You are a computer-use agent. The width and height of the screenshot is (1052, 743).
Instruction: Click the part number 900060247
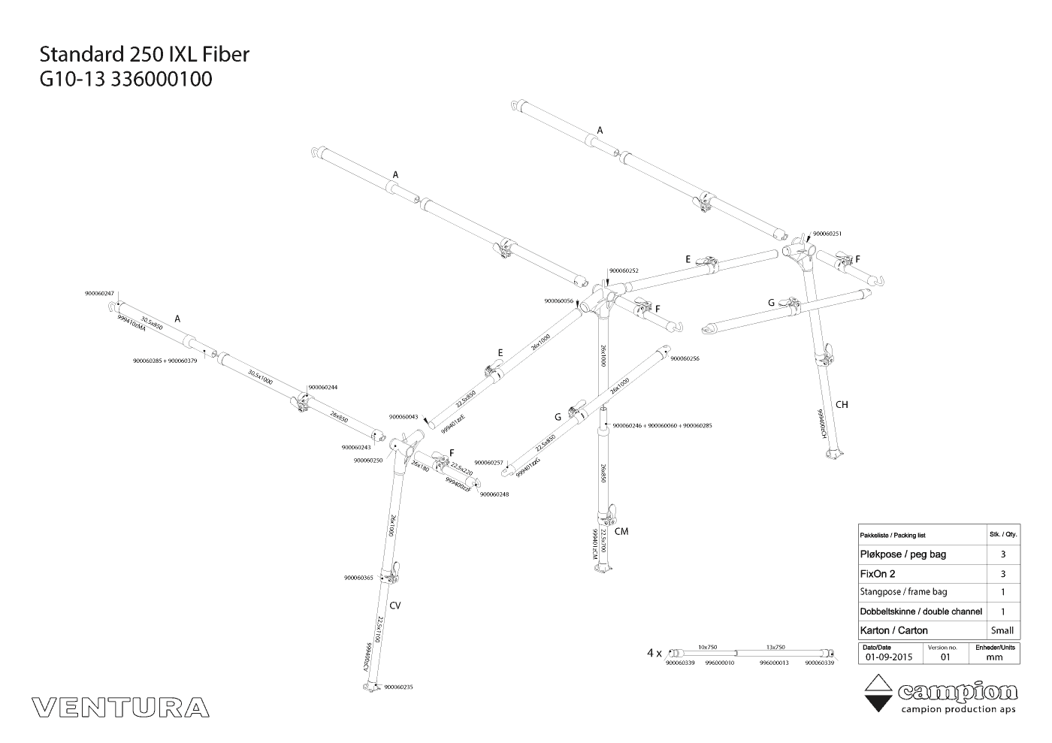[99, 294]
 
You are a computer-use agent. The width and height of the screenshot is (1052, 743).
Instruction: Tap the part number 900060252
[624, 270]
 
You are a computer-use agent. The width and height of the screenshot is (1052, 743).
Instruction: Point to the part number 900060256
[685, 359]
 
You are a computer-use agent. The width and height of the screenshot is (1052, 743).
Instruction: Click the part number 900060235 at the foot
[398, 687]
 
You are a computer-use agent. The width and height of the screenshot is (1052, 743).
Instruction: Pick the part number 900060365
[358, 578]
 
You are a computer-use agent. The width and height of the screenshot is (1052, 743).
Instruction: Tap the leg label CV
[395, 606]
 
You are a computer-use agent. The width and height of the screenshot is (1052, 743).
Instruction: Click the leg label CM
[621, 532]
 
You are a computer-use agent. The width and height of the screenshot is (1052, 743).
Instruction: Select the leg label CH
[842, 405]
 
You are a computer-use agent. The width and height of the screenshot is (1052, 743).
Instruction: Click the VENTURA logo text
[121, 707]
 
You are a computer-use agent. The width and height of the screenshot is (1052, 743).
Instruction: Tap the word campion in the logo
[958, 692]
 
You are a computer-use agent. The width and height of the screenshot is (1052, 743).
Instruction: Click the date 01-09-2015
[888, 657]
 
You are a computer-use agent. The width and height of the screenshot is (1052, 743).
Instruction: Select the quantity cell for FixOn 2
[1002, 574]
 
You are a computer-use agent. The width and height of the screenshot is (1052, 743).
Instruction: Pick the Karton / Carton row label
[893, 630]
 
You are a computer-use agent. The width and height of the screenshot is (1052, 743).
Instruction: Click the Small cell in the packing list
[1002, 630]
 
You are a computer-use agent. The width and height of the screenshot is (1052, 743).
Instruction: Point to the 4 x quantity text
[654, 653]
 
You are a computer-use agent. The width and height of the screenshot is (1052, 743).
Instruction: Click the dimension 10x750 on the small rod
[707, 647]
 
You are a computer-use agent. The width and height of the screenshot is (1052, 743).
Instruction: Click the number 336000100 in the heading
[162, 79]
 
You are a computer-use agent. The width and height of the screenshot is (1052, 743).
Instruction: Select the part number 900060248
[494, 494]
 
